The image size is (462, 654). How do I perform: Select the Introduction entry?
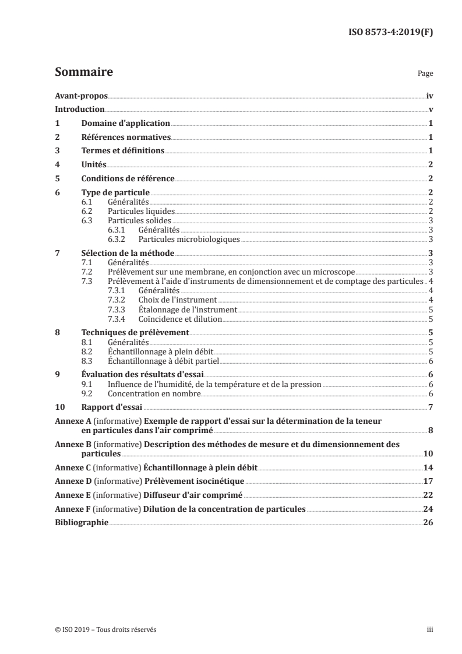(x=80, y=110)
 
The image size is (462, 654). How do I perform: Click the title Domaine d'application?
(x=125, y=124)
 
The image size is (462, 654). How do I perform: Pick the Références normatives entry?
(x=126, y=138)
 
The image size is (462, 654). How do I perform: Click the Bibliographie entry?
(x=82, y=523)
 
